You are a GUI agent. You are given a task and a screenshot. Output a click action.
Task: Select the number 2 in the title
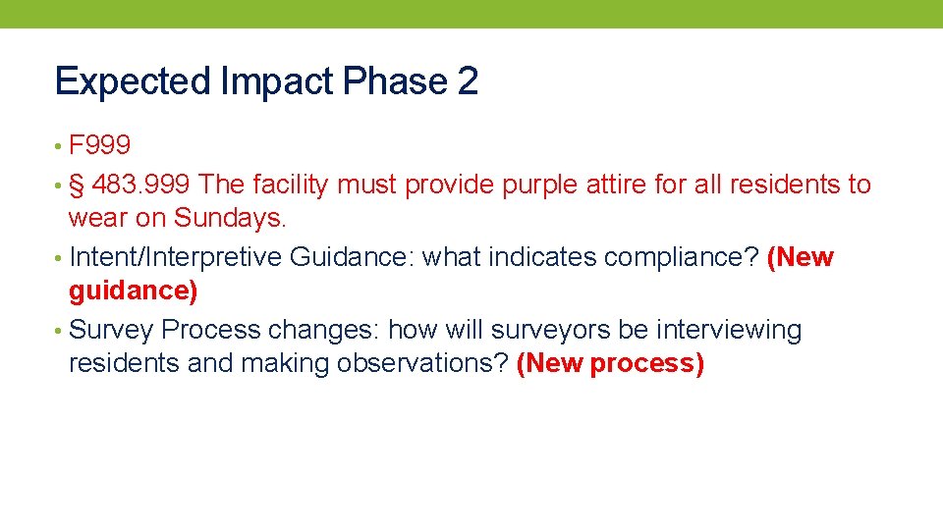(468, 81)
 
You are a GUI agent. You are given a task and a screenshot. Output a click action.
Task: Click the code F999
(100, 146)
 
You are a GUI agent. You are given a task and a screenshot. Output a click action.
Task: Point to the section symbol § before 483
(77, 184)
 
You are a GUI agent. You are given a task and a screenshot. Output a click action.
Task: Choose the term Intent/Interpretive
(177, 257)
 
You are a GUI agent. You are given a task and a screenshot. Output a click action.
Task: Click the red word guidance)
(133, 291)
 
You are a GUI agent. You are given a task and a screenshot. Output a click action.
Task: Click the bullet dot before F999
(60, 147)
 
